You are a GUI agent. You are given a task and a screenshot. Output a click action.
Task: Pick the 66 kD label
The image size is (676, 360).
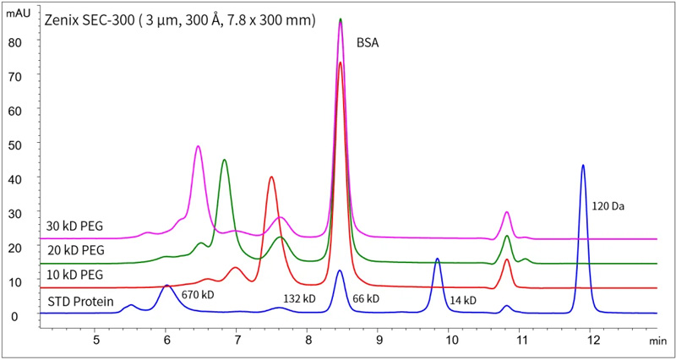click(366, 299)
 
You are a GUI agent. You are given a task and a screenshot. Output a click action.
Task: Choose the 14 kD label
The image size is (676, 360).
click(463, 299)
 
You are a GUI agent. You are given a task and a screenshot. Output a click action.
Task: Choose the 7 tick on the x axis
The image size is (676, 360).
click(237, 340)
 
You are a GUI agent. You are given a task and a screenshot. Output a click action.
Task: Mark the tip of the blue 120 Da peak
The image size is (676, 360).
click(582, 165)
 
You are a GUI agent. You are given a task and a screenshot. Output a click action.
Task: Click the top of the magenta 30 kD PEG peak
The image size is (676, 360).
click(198, 146)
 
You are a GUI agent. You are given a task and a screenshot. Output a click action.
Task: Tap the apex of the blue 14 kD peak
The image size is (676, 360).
click(437, 259)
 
